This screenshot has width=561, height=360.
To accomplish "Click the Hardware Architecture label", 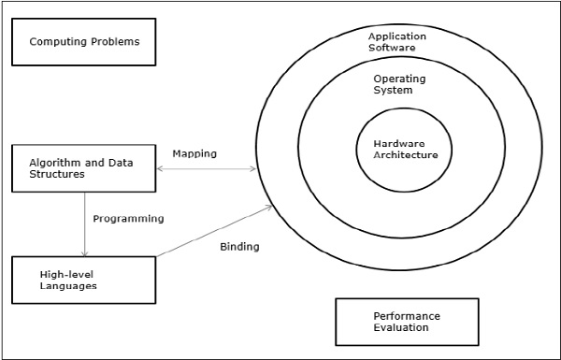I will pyautogui.click(x=405, y=149).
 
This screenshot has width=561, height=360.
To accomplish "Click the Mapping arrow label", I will pyautogui.click(x=194, y=152).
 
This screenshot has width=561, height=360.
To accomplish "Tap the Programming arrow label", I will pyautogui.click(x=128, y=219).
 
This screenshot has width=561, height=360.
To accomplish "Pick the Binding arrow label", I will pyautogui.click(x=239, y=247).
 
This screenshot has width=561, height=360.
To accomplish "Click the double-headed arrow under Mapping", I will pyautogui.click(x=207, y=169).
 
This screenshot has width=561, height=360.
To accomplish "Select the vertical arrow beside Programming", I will pyautogui.click(x=85, y=224).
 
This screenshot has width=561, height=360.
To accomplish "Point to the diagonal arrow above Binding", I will pyautogui.click(x=215, y=231).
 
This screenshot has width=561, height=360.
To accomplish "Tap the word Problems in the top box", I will pyautogui.click(x=112, y=42).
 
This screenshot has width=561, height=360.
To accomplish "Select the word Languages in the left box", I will pyautogui.click(x=68, y=285).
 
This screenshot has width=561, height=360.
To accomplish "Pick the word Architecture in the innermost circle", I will pyautogui.click(x=405, y=154).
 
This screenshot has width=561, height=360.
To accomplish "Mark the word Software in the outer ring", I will pyautogui.click(x=392, y=47).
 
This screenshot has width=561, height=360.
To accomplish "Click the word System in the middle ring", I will pyautogui.click(x=393, y=90).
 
